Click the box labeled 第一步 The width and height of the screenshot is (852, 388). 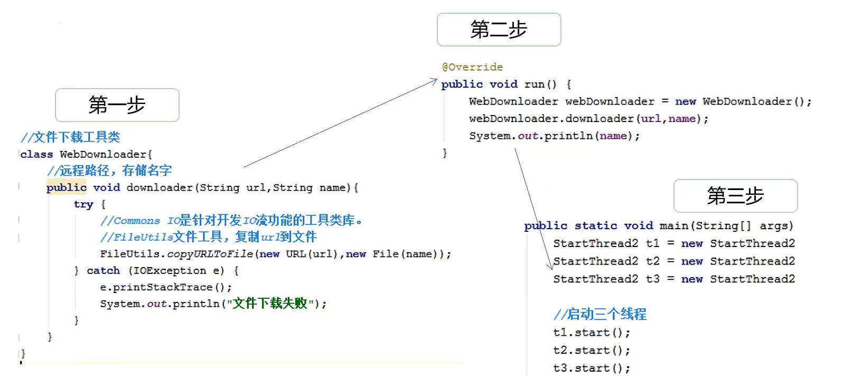click(x=117, y=105)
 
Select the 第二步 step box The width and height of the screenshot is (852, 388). click(x=499, y=30)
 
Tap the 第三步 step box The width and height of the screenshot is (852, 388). click(x=735, y=196)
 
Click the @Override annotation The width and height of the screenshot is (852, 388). click(x=472, y=67)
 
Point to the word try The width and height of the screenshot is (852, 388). click(x=83, y=204)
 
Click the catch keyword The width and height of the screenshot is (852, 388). click(x=103, y=271)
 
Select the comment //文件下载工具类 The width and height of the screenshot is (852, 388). click(x=70, y=137)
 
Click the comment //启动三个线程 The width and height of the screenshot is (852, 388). click(x=600, y=315)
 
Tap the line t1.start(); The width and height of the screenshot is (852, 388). click(x=592, y=333)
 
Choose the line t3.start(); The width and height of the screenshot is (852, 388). click(x=592, y=368)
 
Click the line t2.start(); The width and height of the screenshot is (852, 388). click(x=592, y=351)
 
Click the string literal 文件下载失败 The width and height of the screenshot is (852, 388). click(x=270, y=304)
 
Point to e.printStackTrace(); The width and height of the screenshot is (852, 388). click(x=166, y=287)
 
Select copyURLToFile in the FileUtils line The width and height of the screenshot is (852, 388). click(x=210, y=254)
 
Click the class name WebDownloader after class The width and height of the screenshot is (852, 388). click(x=104, y=154)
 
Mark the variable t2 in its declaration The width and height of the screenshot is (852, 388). click(x=652, y=261)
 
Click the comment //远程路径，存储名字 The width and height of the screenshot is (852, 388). click(x=109, y=171)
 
